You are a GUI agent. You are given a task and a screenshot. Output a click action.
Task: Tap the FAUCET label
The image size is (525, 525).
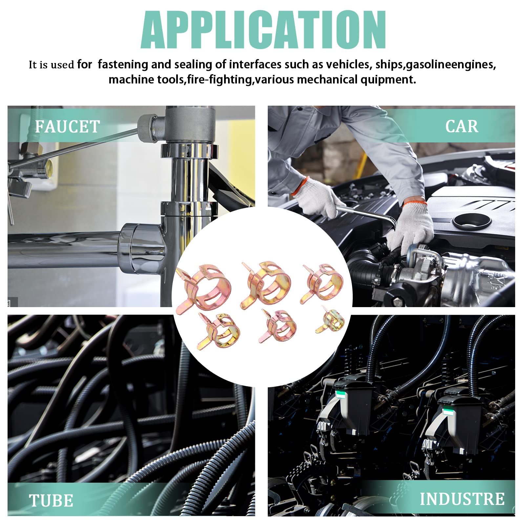[x=67, y=127]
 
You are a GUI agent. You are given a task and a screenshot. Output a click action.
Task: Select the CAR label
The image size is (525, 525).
[x=462, y=126]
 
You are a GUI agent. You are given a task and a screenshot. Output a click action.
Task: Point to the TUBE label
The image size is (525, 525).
[x=51, y=501]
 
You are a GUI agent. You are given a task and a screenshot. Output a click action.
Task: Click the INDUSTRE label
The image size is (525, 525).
[x=462, y=499]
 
